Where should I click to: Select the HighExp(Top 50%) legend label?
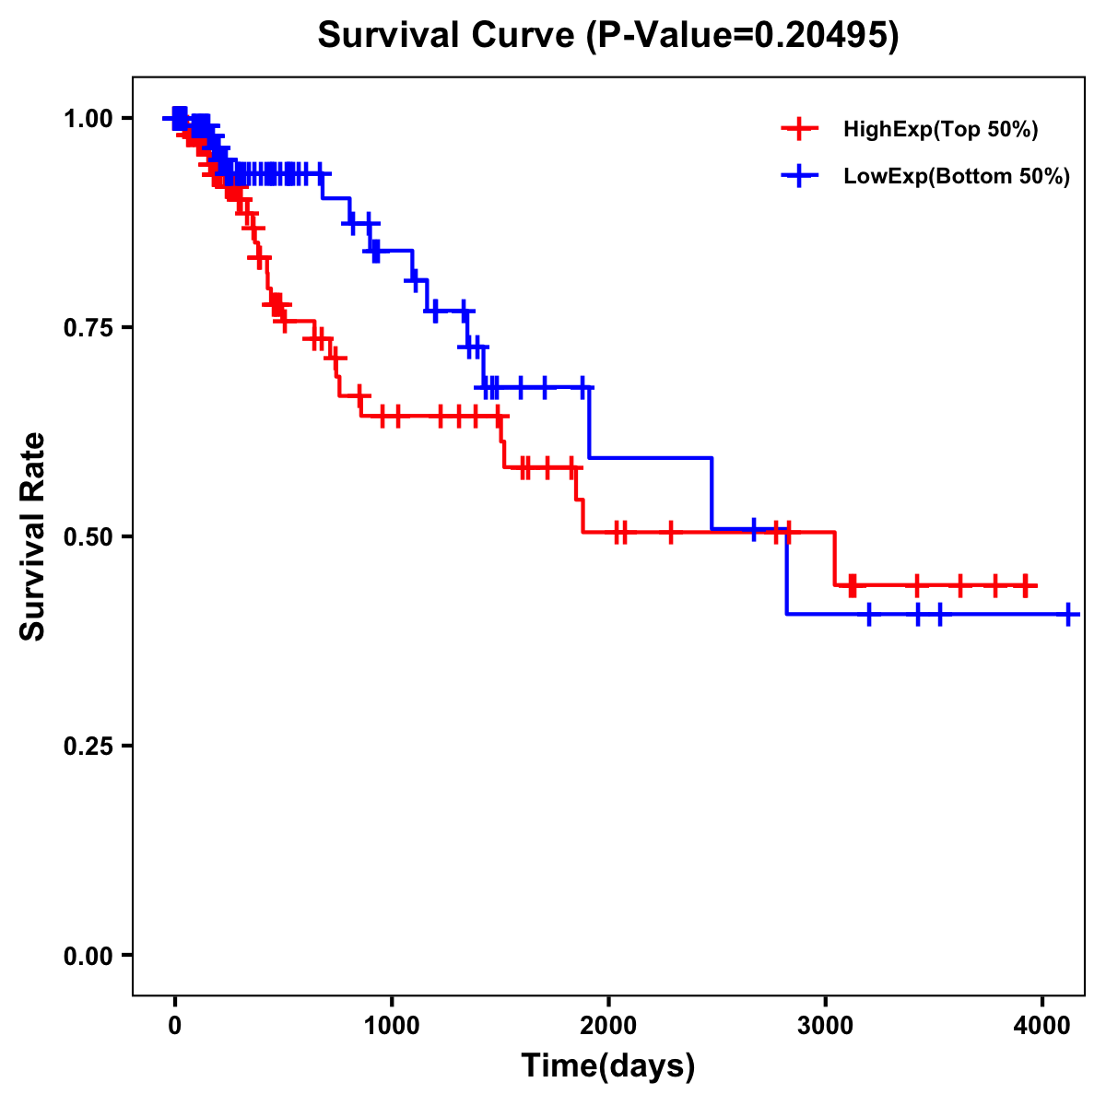coord(941,130)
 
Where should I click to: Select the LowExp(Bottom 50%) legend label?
coord(957,177)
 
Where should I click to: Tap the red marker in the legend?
coord(799,129)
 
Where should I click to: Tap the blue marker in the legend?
coord(799,175)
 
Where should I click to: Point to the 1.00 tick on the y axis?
coord(92,118)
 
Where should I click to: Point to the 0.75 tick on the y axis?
coord(92,327)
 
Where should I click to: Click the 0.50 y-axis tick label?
coord(92,536)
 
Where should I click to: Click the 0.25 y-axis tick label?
coord(92,746)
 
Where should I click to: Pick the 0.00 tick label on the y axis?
coord(92,955)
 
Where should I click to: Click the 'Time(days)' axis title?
coord(608,1066)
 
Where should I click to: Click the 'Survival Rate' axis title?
coord(33,536)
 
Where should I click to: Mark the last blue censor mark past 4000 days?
coord(1067,614)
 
